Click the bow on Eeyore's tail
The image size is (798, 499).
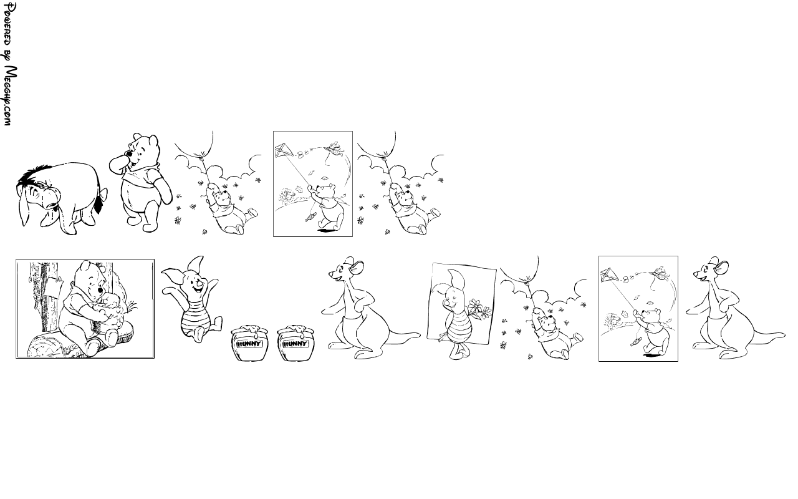(x=103, y=195)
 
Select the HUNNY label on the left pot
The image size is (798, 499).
(x=249, y=344)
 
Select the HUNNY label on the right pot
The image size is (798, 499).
(x=295, y=344)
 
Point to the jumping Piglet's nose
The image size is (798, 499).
(x=200, y=284)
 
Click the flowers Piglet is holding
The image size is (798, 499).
(x=479, y=309)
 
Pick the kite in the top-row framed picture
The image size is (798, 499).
(x=284, y=150)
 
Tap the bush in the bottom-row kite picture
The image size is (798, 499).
(x=612, y=320)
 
